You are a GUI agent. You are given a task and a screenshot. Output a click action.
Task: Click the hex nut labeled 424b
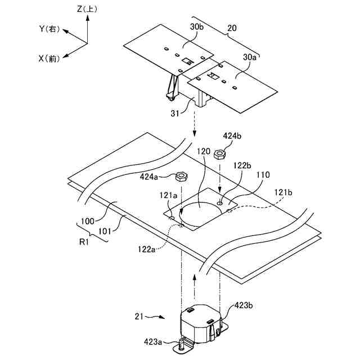point(221,153)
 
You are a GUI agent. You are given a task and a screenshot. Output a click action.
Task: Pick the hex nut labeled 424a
point(182,177)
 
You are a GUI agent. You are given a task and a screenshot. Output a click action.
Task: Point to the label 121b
point(283,192)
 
